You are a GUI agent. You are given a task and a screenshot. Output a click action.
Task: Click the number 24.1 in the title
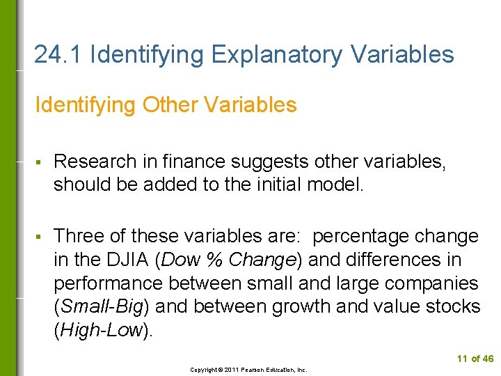point(58,54)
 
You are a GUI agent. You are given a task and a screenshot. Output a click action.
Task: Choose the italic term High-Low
point(101,331)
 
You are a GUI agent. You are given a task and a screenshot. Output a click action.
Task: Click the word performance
point(112,284)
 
